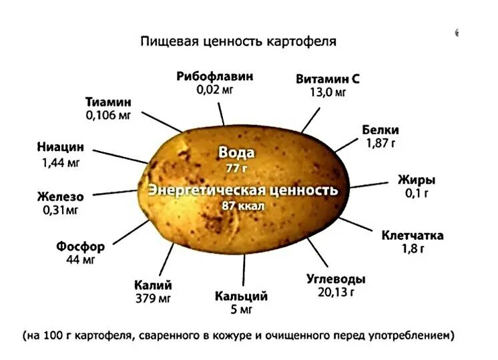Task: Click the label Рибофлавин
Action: [x=215, y=76]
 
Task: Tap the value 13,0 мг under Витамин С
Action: [x=328, y=92]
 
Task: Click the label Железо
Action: [x=60, y=196]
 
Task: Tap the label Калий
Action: [x=153, y=285]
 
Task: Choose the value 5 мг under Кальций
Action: [x=241, y=310]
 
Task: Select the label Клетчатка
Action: [x=413, y=235]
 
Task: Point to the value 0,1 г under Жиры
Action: [x=416, y=194]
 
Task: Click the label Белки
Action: [x=381, y=130]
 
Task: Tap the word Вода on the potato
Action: [x=236, y=152]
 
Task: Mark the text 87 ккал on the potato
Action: [x=243, y=206]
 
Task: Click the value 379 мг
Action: [x=153, y=298]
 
